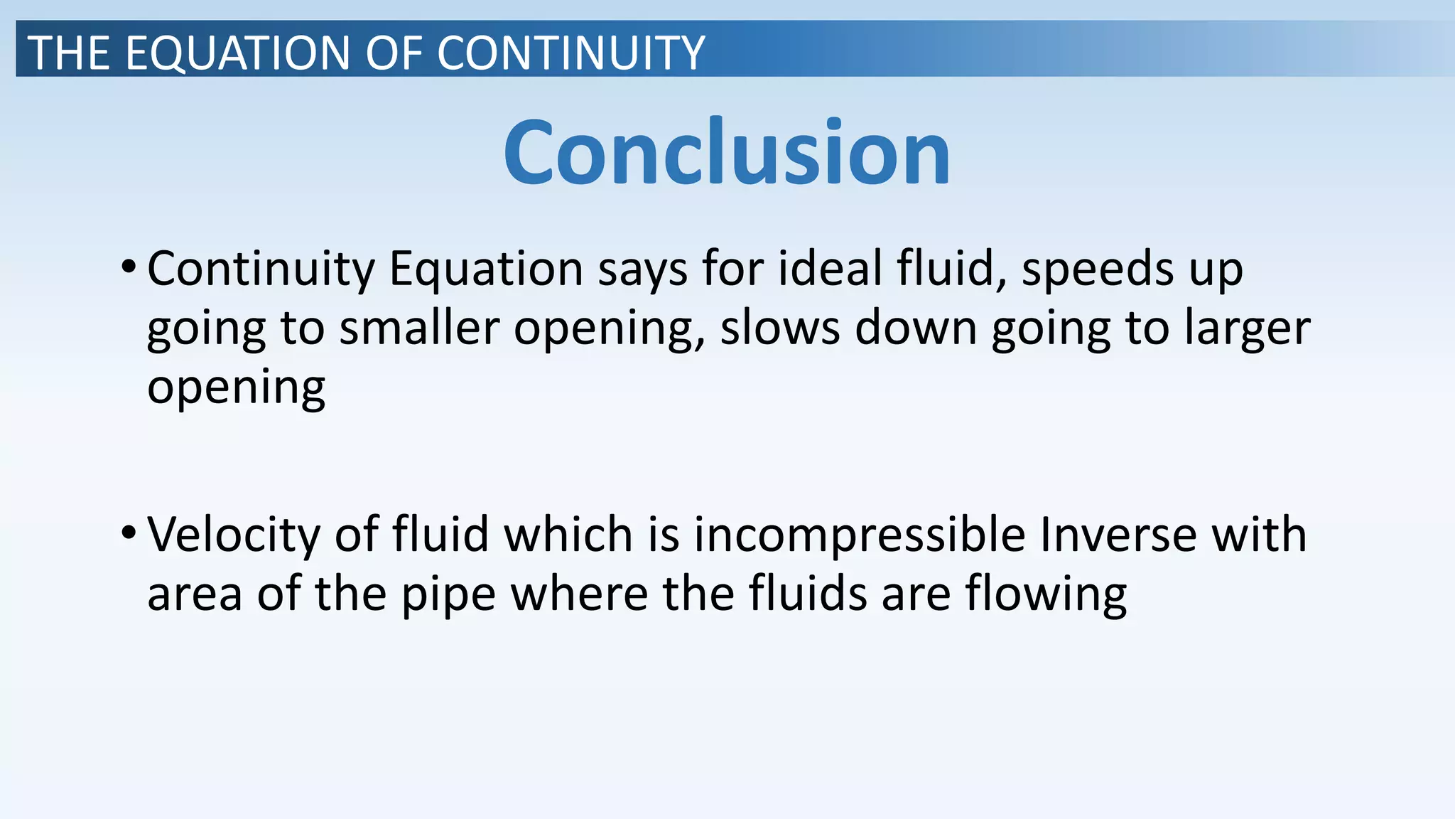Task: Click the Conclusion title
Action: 727,151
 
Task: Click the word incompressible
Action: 860,535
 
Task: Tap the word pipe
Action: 448,594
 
